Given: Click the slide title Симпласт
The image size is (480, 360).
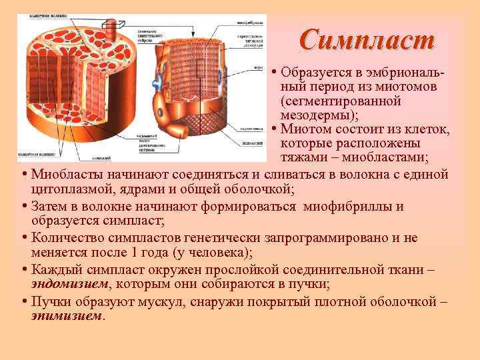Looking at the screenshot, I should coord(367,39).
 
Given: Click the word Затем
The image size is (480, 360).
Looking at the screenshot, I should coord(49,206).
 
